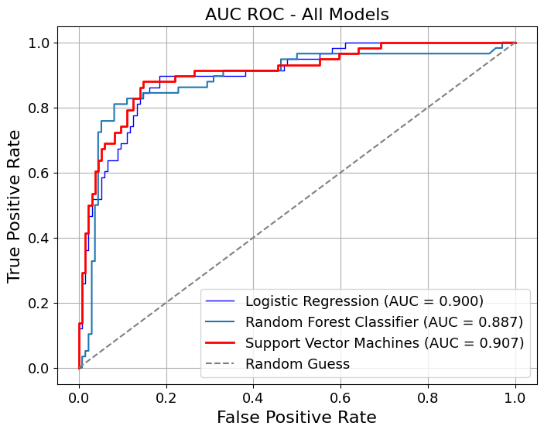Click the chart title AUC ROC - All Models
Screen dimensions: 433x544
pyautogui.click(x=297, y=14)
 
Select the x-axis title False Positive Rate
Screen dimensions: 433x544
pyautogui.click(x=296, y=418)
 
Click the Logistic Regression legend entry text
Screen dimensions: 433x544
pyautogui.click(x=364, y=301)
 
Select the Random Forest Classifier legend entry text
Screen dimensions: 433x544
pyautogui.click(x=384, y=321)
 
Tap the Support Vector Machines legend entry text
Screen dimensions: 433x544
pyautogui.click(x=384, y=342)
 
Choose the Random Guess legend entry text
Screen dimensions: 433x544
pyautogui.click(x=297, y=363)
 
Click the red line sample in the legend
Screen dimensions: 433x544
pyautogui.click(x=223, y=342)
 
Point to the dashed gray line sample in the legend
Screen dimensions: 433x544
pyautogui.click(x=223, y=363)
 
